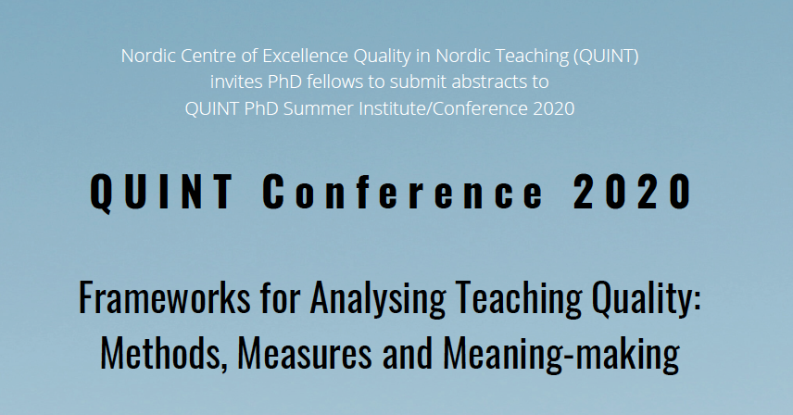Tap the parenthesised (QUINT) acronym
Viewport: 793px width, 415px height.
606,56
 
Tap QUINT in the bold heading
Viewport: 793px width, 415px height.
161,192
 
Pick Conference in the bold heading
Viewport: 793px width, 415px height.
403,191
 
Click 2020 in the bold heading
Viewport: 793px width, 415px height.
633,191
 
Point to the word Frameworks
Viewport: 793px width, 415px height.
165,297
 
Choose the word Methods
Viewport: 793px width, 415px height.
164,354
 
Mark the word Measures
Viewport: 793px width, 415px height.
305,354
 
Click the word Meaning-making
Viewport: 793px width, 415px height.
561,355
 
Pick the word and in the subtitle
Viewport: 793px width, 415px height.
408,354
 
